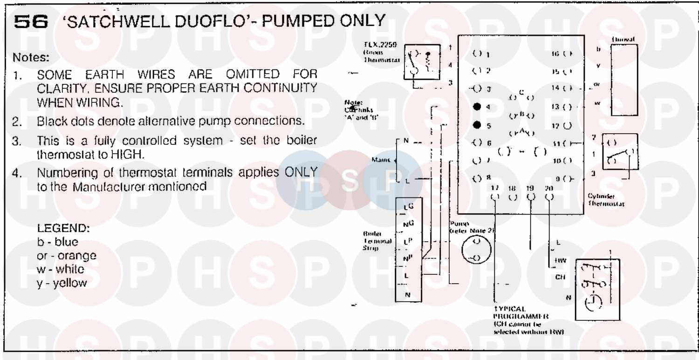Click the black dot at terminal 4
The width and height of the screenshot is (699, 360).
(476, 107)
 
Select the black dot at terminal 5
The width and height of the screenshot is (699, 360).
(476, 125)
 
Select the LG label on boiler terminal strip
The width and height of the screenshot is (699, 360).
(408, 206)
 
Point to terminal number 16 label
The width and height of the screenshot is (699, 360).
(555, 54)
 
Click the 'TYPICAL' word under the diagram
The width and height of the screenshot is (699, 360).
(509, 309)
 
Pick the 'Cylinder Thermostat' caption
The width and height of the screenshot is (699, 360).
(605, 200)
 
